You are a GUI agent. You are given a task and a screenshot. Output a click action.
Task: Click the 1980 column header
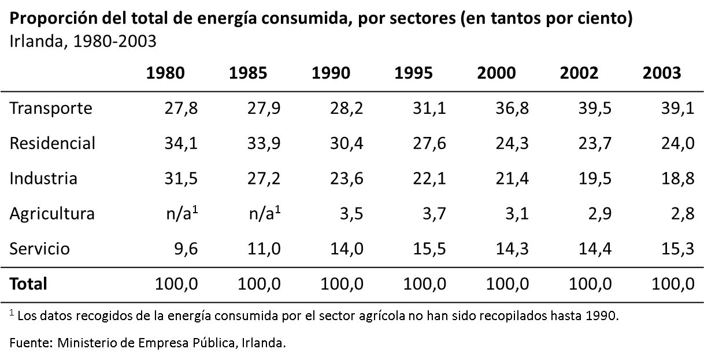165,73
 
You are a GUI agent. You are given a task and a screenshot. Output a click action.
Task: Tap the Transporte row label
51,108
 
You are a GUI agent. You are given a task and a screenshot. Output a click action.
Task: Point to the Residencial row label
52,143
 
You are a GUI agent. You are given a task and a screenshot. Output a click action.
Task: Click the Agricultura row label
52,213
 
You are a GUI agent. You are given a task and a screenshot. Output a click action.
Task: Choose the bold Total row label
28,284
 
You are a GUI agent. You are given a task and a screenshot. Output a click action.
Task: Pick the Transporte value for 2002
595,108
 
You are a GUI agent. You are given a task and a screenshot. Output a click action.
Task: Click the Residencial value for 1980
182,143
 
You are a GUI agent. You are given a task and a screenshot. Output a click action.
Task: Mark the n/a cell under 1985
265,213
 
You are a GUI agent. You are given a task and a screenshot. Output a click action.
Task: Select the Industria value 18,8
678,178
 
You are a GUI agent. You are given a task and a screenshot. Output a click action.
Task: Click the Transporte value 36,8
512,108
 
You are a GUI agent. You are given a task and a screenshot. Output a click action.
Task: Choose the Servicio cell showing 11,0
265,248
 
